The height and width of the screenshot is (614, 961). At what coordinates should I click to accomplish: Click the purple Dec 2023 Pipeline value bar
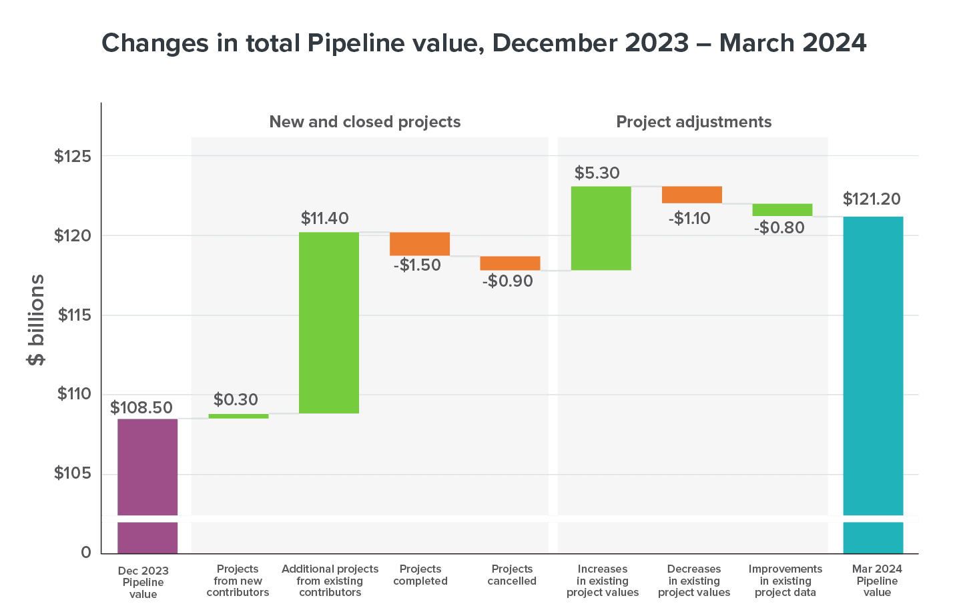(147, 485)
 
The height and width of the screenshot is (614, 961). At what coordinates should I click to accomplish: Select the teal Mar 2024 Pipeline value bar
(873, 384)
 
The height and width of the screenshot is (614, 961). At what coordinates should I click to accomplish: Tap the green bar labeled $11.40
(329, 323)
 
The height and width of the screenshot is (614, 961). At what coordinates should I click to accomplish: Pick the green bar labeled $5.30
(601, 228)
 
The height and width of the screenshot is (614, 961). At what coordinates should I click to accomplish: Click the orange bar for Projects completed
(420, 243)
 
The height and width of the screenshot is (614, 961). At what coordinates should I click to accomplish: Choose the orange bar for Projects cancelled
(510, 263)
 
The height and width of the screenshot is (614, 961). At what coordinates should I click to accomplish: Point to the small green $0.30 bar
(238, 416)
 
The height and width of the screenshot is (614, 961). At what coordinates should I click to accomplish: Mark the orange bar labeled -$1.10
(691, 195)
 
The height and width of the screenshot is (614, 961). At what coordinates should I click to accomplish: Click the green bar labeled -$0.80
(782, 210)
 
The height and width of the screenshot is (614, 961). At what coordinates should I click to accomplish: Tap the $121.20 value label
(872, 199)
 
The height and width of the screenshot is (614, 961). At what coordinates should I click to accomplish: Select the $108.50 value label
(141, 407)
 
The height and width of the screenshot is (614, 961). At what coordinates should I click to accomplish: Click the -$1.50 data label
(417, 265)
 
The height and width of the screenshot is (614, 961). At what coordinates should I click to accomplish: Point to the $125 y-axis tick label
(72, 157)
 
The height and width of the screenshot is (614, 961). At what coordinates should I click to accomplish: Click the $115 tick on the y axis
(72, 315)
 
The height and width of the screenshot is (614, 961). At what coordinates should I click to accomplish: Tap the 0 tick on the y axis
(86, 552)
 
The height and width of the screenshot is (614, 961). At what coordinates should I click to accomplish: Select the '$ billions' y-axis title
(36, 320)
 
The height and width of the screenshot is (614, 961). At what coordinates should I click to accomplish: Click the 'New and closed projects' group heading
(365, 122)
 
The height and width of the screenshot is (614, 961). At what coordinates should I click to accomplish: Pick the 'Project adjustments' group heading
(693, 122)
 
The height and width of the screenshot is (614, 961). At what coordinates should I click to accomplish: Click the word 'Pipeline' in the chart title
(356, 43)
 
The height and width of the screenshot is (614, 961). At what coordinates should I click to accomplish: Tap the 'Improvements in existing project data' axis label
(785, 580)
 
